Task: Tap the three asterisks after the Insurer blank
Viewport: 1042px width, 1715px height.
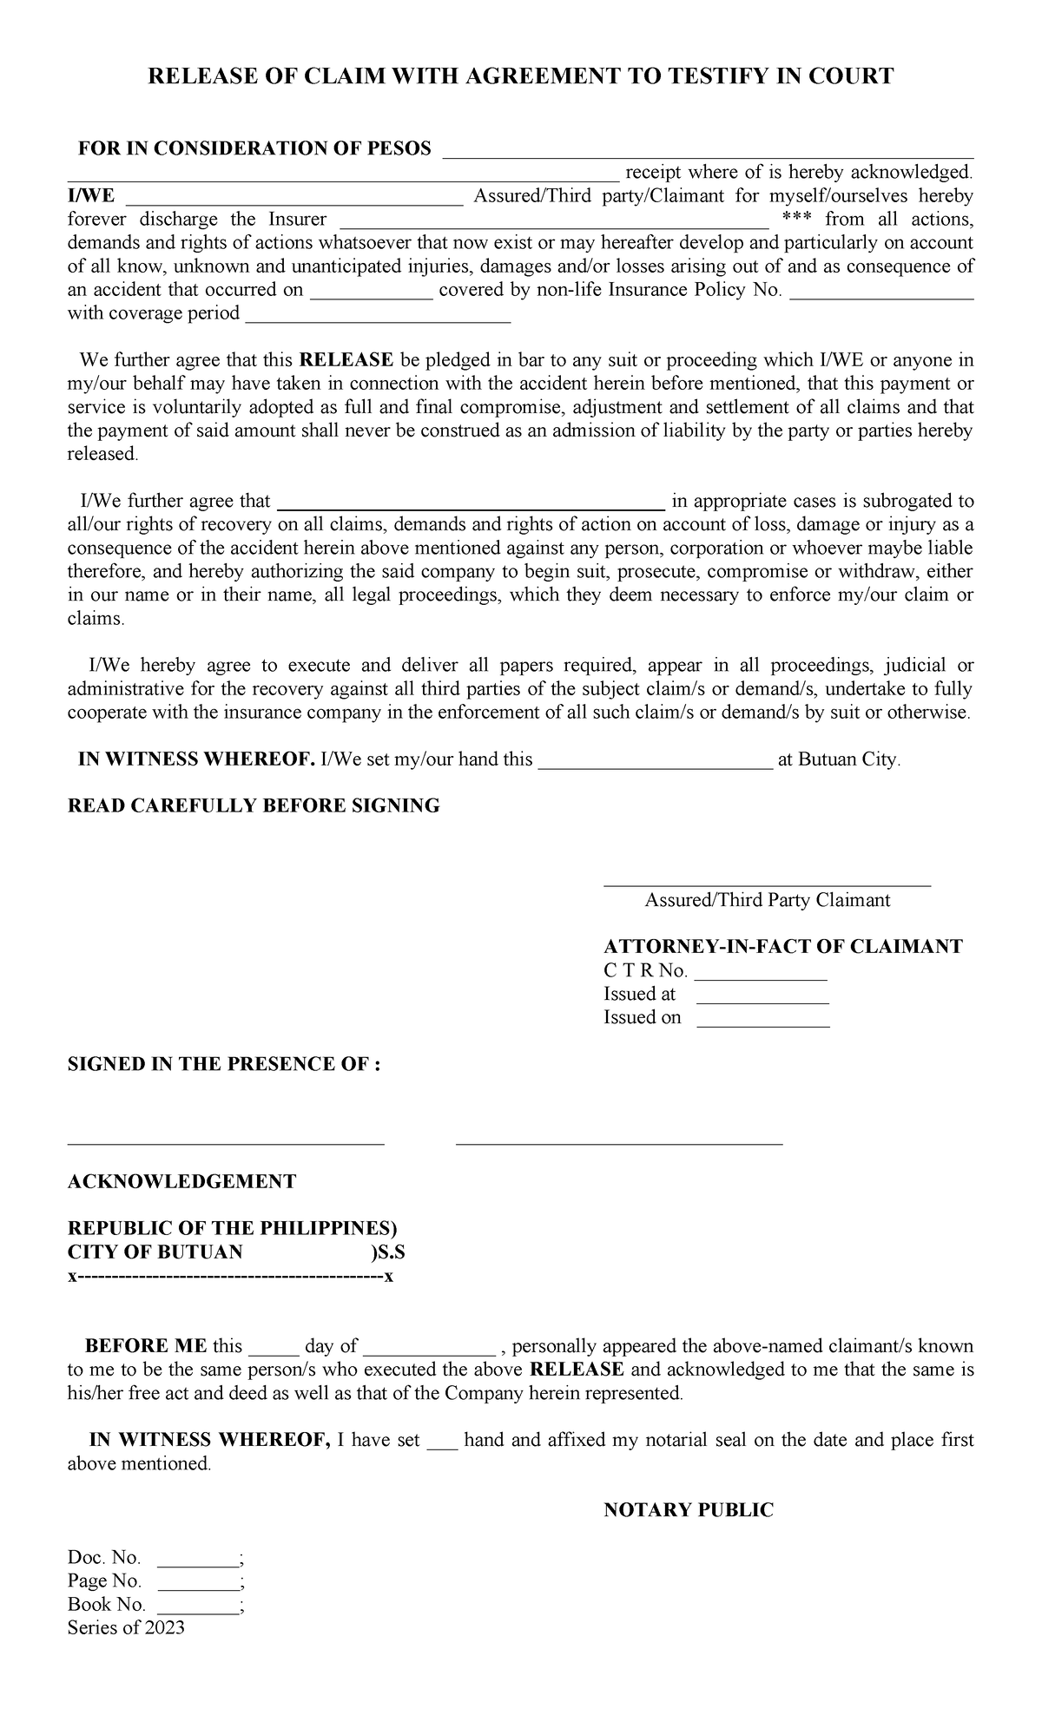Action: [796, 220]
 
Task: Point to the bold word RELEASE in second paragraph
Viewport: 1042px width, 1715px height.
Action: [346, 360]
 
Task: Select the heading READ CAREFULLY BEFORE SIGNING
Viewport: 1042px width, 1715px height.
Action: [254, 805]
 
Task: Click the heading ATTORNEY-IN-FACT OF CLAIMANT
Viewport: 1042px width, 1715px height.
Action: [782, 946]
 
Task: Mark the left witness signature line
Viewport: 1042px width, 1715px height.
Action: [226, 1144]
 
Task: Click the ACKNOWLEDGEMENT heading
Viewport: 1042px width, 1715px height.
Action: [181, 1181]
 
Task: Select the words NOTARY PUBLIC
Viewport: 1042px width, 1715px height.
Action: [688, 1510]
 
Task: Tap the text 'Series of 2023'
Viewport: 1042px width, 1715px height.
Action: [126, 1627]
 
